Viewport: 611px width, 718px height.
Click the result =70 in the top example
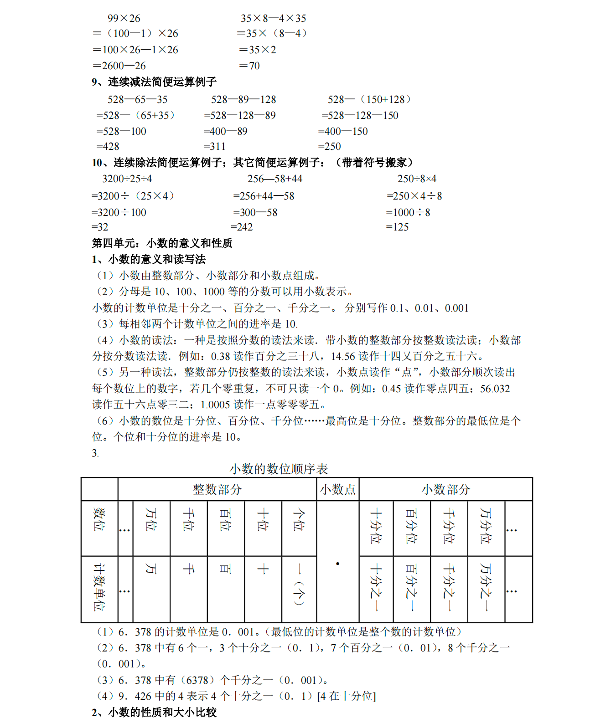pos(249,66)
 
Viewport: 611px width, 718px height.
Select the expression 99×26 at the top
pos(124,19)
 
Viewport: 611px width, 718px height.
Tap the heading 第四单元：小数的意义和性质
pos(162,243)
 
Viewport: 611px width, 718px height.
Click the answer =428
pos(108,147)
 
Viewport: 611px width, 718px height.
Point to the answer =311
pos(214,147)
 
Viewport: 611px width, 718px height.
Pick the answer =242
pos(242,227)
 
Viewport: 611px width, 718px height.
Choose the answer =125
pos(397,227)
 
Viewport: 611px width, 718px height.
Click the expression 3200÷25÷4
pos(127,179)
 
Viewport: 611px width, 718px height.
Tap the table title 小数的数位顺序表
pos(279,469)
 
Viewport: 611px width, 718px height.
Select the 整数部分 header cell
pos(217,490)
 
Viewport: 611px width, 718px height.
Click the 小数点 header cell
pos(337,490)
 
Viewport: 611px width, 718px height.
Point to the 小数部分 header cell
pos(445,490)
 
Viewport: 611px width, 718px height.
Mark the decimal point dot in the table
pos(337,564)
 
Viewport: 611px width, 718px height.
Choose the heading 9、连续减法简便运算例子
pos(154,82)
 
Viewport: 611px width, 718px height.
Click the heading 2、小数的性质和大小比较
pos(154,712)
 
